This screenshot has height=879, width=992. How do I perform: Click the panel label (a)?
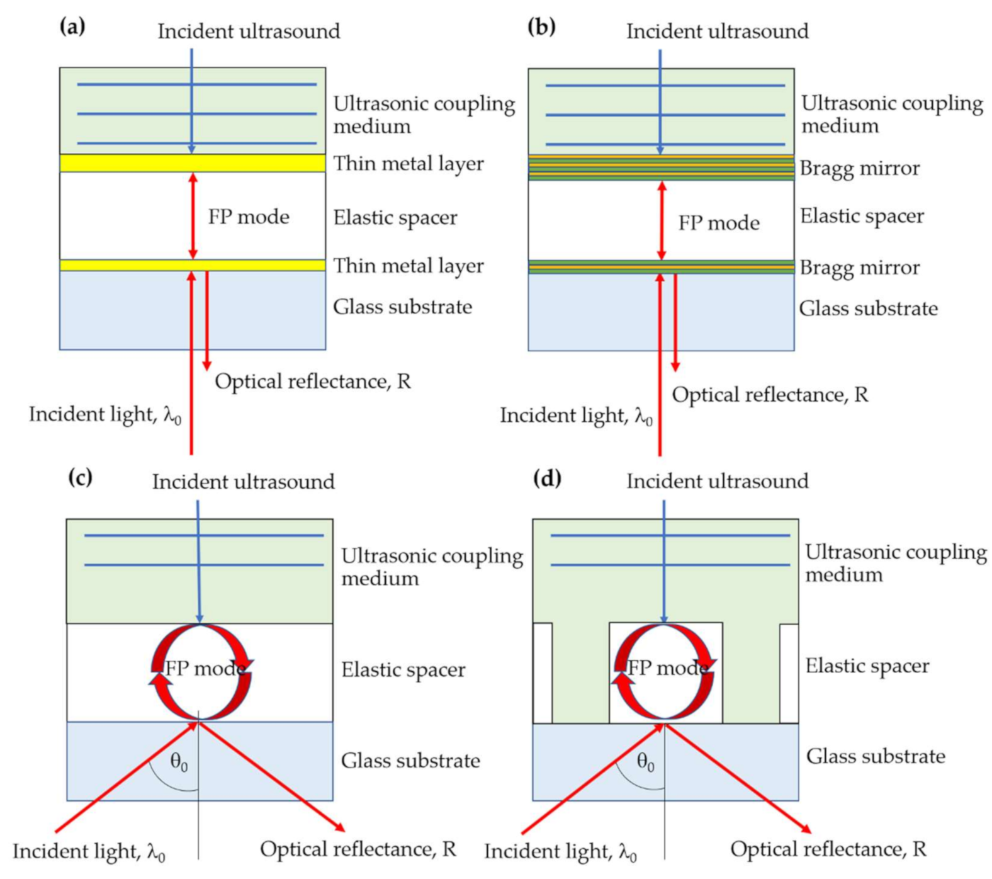(x=72, y=27)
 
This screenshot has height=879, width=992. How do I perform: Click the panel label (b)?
(x=541, y=27)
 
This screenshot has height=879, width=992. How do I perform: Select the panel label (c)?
(x=80, y=477)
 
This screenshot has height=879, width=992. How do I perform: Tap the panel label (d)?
(x=547, y=479)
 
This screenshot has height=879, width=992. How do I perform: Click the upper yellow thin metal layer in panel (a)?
(x=126, y=163)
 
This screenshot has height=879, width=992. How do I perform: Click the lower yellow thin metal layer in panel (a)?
(x=126, y=265)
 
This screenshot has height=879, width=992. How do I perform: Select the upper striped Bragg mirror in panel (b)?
(x=598, y=167)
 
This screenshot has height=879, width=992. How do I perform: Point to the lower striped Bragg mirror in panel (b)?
(x=598, y=267)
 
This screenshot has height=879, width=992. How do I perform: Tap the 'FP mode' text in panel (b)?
(x=719, y=223)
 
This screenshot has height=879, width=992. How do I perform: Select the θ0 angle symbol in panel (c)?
(x=179, y=763)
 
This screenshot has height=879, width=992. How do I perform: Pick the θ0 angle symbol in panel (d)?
(x=646, y=763)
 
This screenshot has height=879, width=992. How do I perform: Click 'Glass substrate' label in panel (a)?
(x=402, y=307)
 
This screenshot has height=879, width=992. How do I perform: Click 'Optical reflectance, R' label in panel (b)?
(x=770, y=395)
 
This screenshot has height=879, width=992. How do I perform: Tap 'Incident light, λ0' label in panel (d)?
(x=560, y=852)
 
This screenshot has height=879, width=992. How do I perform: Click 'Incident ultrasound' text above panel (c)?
(x=243, y=482)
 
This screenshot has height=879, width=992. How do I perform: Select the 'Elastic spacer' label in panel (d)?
(x=867, y=666)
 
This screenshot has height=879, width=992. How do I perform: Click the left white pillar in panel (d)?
(x=543, y=672)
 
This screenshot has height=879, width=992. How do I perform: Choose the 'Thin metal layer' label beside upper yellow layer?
(x=408, y=163)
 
